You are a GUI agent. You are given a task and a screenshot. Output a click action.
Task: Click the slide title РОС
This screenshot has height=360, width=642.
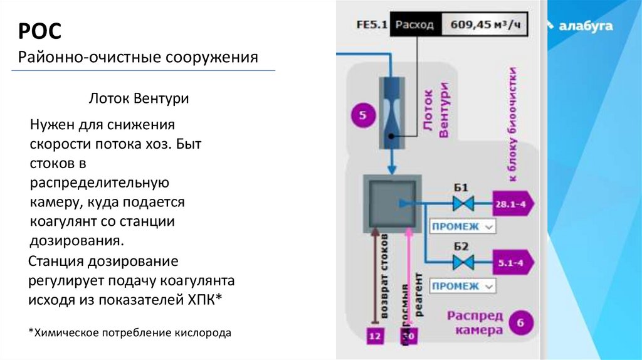pos(38,31)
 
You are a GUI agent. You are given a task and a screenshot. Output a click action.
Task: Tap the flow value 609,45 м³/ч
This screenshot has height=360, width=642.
pos(481,26)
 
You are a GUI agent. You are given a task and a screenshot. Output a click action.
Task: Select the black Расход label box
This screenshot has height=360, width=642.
pos(414,26)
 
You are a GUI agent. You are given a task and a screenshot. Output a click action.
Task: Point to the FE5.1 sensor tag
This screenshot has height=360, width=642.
pos(372,26)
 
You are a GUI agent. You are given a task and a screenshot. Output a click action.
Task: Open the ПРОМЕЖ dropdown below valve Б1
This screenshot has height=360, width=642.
pos(462,226)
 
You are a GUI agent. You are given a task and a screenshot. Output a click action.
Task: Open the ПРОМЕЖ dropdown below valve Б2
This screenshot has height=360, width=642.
pos(462,286)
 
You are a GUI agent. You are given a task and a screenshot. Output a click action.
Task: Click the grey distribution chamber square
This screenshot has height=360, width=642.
pos(392,203)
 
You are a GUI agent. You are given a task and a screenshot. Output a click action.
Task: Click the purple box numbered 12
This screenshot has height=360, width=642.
pos(375,336)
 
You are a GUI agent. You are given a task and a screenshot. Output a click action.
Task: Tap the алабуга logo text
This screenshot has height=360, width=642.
pos(586,26)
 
